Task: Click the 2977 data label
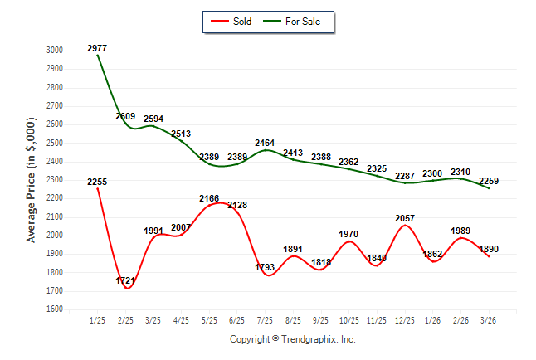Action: tap(97, 49)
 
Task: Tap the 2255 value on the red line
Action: tap(97, 182)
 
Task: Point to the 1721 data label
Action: tap(126, 281)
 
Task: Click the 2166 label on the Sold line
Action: tap(209, 198)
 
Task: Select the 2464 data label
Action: tap(266, 144)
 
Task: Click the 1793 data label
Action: tap(266, 267)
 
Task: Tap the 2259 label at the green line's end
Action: tap(490, 182)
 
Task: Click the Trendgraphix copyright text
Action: tap(292, 339)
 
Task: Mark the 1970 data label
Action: tap(349, 234)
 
